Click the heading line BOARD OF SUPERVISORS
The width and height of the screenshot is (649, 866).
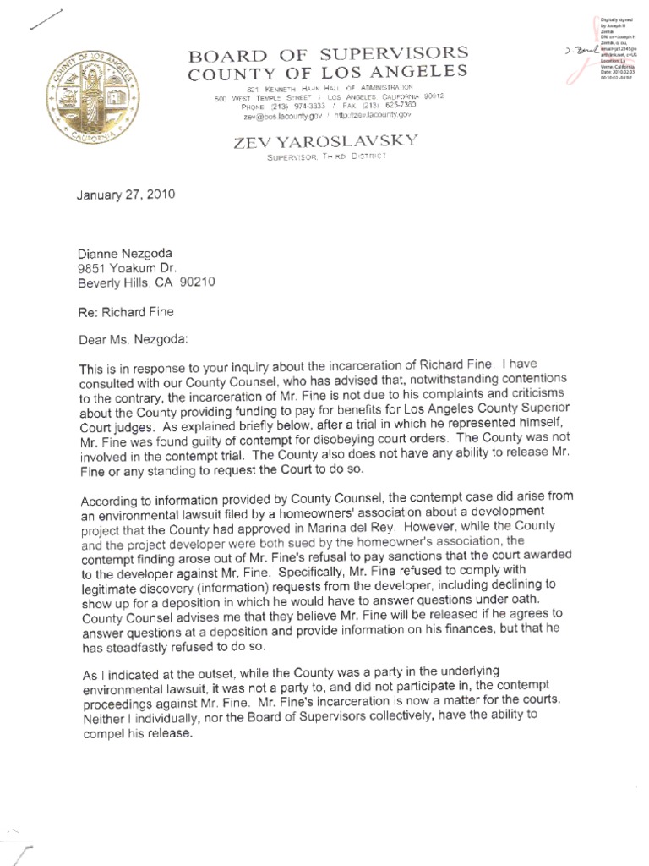[327, 56]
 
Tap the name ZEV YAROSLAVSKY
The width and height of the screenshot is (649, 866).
[325, 141]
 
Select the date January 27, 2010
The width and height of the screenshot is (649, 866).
[126, 193]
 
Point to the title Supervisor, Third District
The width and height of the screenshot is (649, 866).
[325, 157]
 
